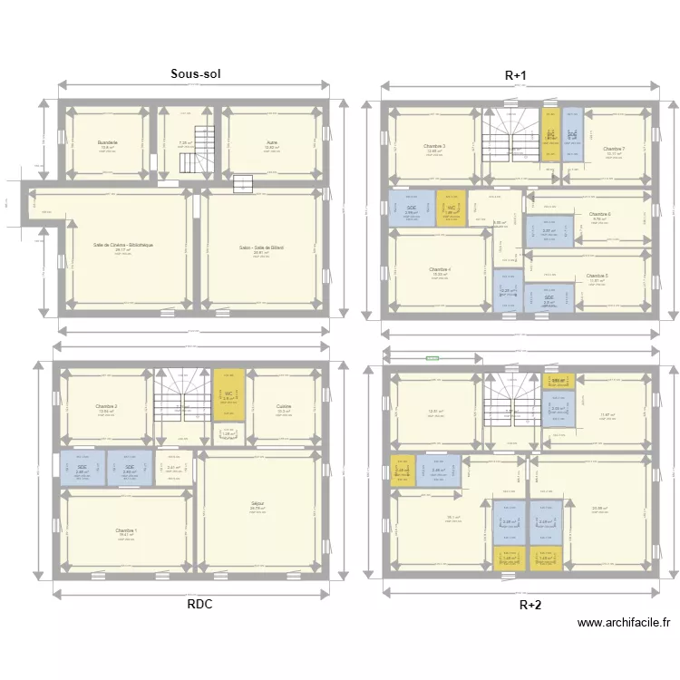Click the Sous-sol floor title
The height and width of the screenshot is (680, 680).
pyautogui.click(x=196, y=73)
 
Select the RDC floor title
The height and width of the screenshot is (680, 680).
pyautogui.click(x=200, y=605)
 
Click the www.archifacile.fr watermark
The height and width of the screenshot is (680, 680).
pyautogui.click(x=624, y=623)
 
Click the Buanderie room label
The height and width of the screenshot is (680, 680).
pyautogui.click(x=108, y=142)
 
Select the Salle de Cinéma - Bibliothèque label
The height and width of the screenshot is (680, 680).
pyautogui.click(x=123, y=245)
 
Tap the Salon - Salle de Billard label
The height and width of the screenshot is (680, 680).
pyautogui.click(x=262, y=248)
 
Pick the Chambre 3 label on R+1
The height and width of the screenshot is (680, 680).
pyautogui.click(x=434, y=146)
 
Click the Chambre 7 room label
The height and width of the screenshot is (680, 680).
pyautogui.click(x=614, y=149)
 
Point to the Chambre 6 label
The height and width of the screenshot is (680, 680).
pyautogui.click(x=599, y=214)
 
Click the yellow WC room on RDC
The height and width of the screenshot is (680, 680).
pyautogui.click(x=229, y=395)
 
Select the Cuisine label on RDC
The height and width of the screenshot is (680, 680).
pyautogui.click(x=284, y=406)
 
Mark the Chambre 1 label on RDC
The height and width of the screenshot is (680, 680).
pyautogui.click(x=126, y=530)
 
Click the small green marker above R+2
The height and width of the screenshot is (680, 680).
pyautogui.click(x=432, y=358)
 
